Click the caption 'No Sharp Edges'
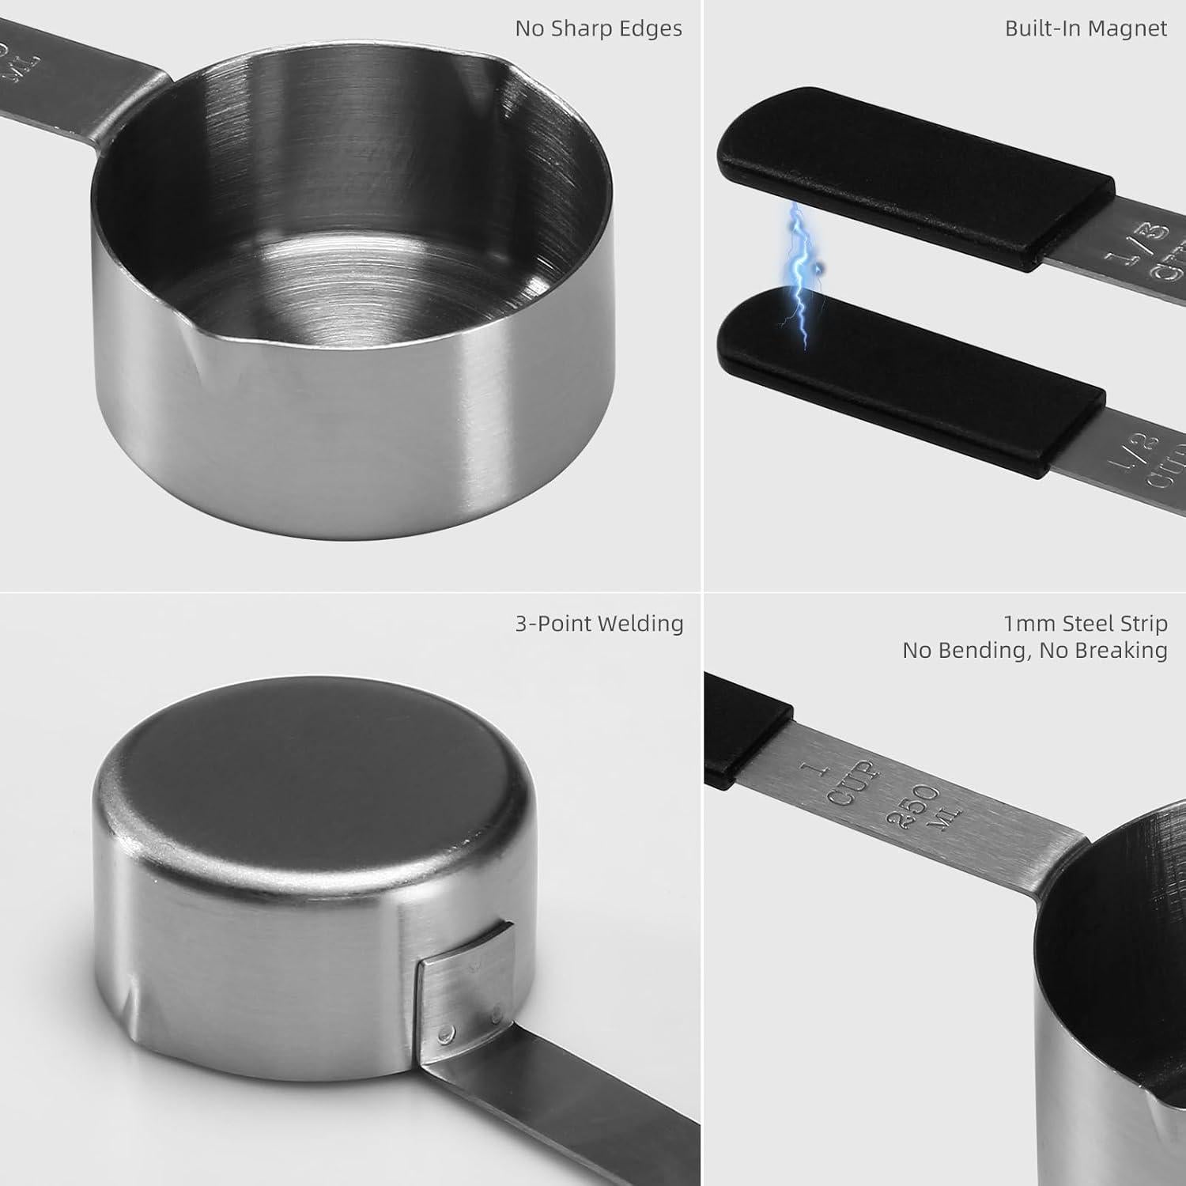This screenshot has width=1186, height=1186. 599,28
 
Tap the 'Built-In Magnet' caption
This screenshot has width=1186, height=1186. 1086,28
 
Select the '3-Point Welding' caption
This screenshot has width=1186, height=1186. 599,624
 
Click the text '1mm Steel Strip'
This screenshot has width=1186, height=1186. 1086,624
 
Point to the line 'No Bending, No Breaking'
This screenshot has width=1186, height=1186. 1035,651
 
